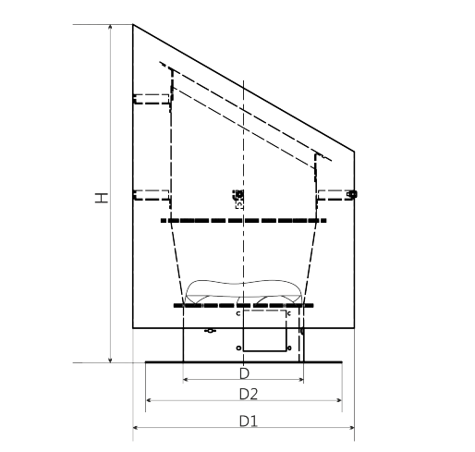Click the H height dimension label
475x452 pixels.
(102, 198)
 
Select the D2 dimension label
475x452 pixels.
(249, 394)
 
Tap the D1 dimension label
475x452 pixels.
(248, 421)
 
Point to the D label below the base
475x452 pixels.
(244, 373)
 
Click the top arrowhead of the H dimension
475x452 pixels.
(111, 27)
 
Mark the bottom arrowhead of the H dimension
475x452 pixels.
(111, 360)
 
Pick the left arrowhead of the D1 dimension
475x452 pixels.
(136, 427)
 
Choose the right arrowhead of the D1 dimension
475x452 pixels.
(351, 427)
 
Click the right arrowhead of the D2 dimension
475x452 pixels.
(339, 400)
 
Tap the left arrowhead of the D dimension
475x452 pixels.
(186, 380)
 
